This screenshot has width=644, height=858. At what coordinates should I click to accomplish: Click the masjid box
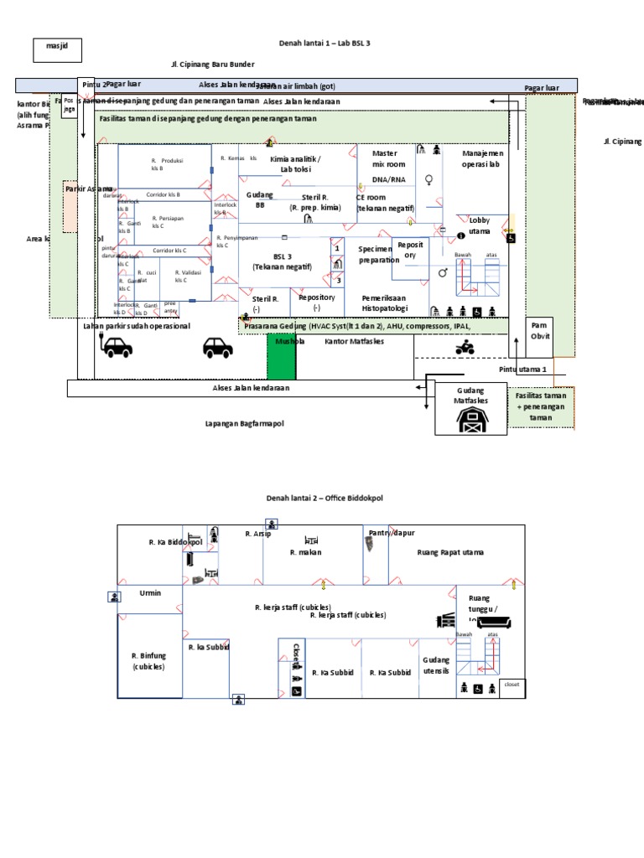tap(57, 51)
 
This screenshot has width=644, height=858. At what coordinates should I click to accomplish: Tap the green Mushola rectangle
tap(281, 357)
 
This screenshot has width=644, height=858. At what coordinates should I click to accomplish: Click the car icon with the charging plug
tap(115, 346)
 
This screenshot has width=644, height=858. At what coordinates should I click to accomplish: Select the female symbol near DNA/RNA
tap(429, 179)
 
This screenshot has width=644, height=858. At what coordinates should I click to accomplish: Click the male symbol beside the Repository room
tap(442, 272)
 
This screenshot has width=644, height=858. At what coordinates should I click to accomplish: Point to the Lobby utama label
tap(480, 225)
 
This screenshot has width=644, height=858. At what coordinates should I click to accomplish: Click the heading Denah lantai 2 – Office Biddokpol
tap(323, 498)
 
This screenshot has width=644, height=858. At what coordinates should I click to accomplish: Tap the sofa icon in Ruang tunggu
tap(501, 623)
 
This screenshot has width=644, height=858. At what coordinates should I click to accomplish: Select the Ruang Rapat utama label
tap(450, 552)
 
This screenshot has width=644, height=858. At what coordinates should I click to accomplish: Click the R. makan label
tap(306, 552)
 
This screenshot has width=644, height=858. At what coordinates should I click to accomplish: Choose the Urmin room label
tap(149, 592)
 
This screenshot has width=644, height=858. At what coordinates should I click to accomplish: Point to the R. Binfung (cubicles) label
tap(148, 661)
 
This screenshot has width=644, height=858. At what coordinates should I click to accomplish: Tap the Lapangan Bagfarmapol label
tap(245, 424)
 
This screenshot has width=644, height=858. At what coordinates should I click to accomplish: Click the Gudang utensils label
tap(436, 666)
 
